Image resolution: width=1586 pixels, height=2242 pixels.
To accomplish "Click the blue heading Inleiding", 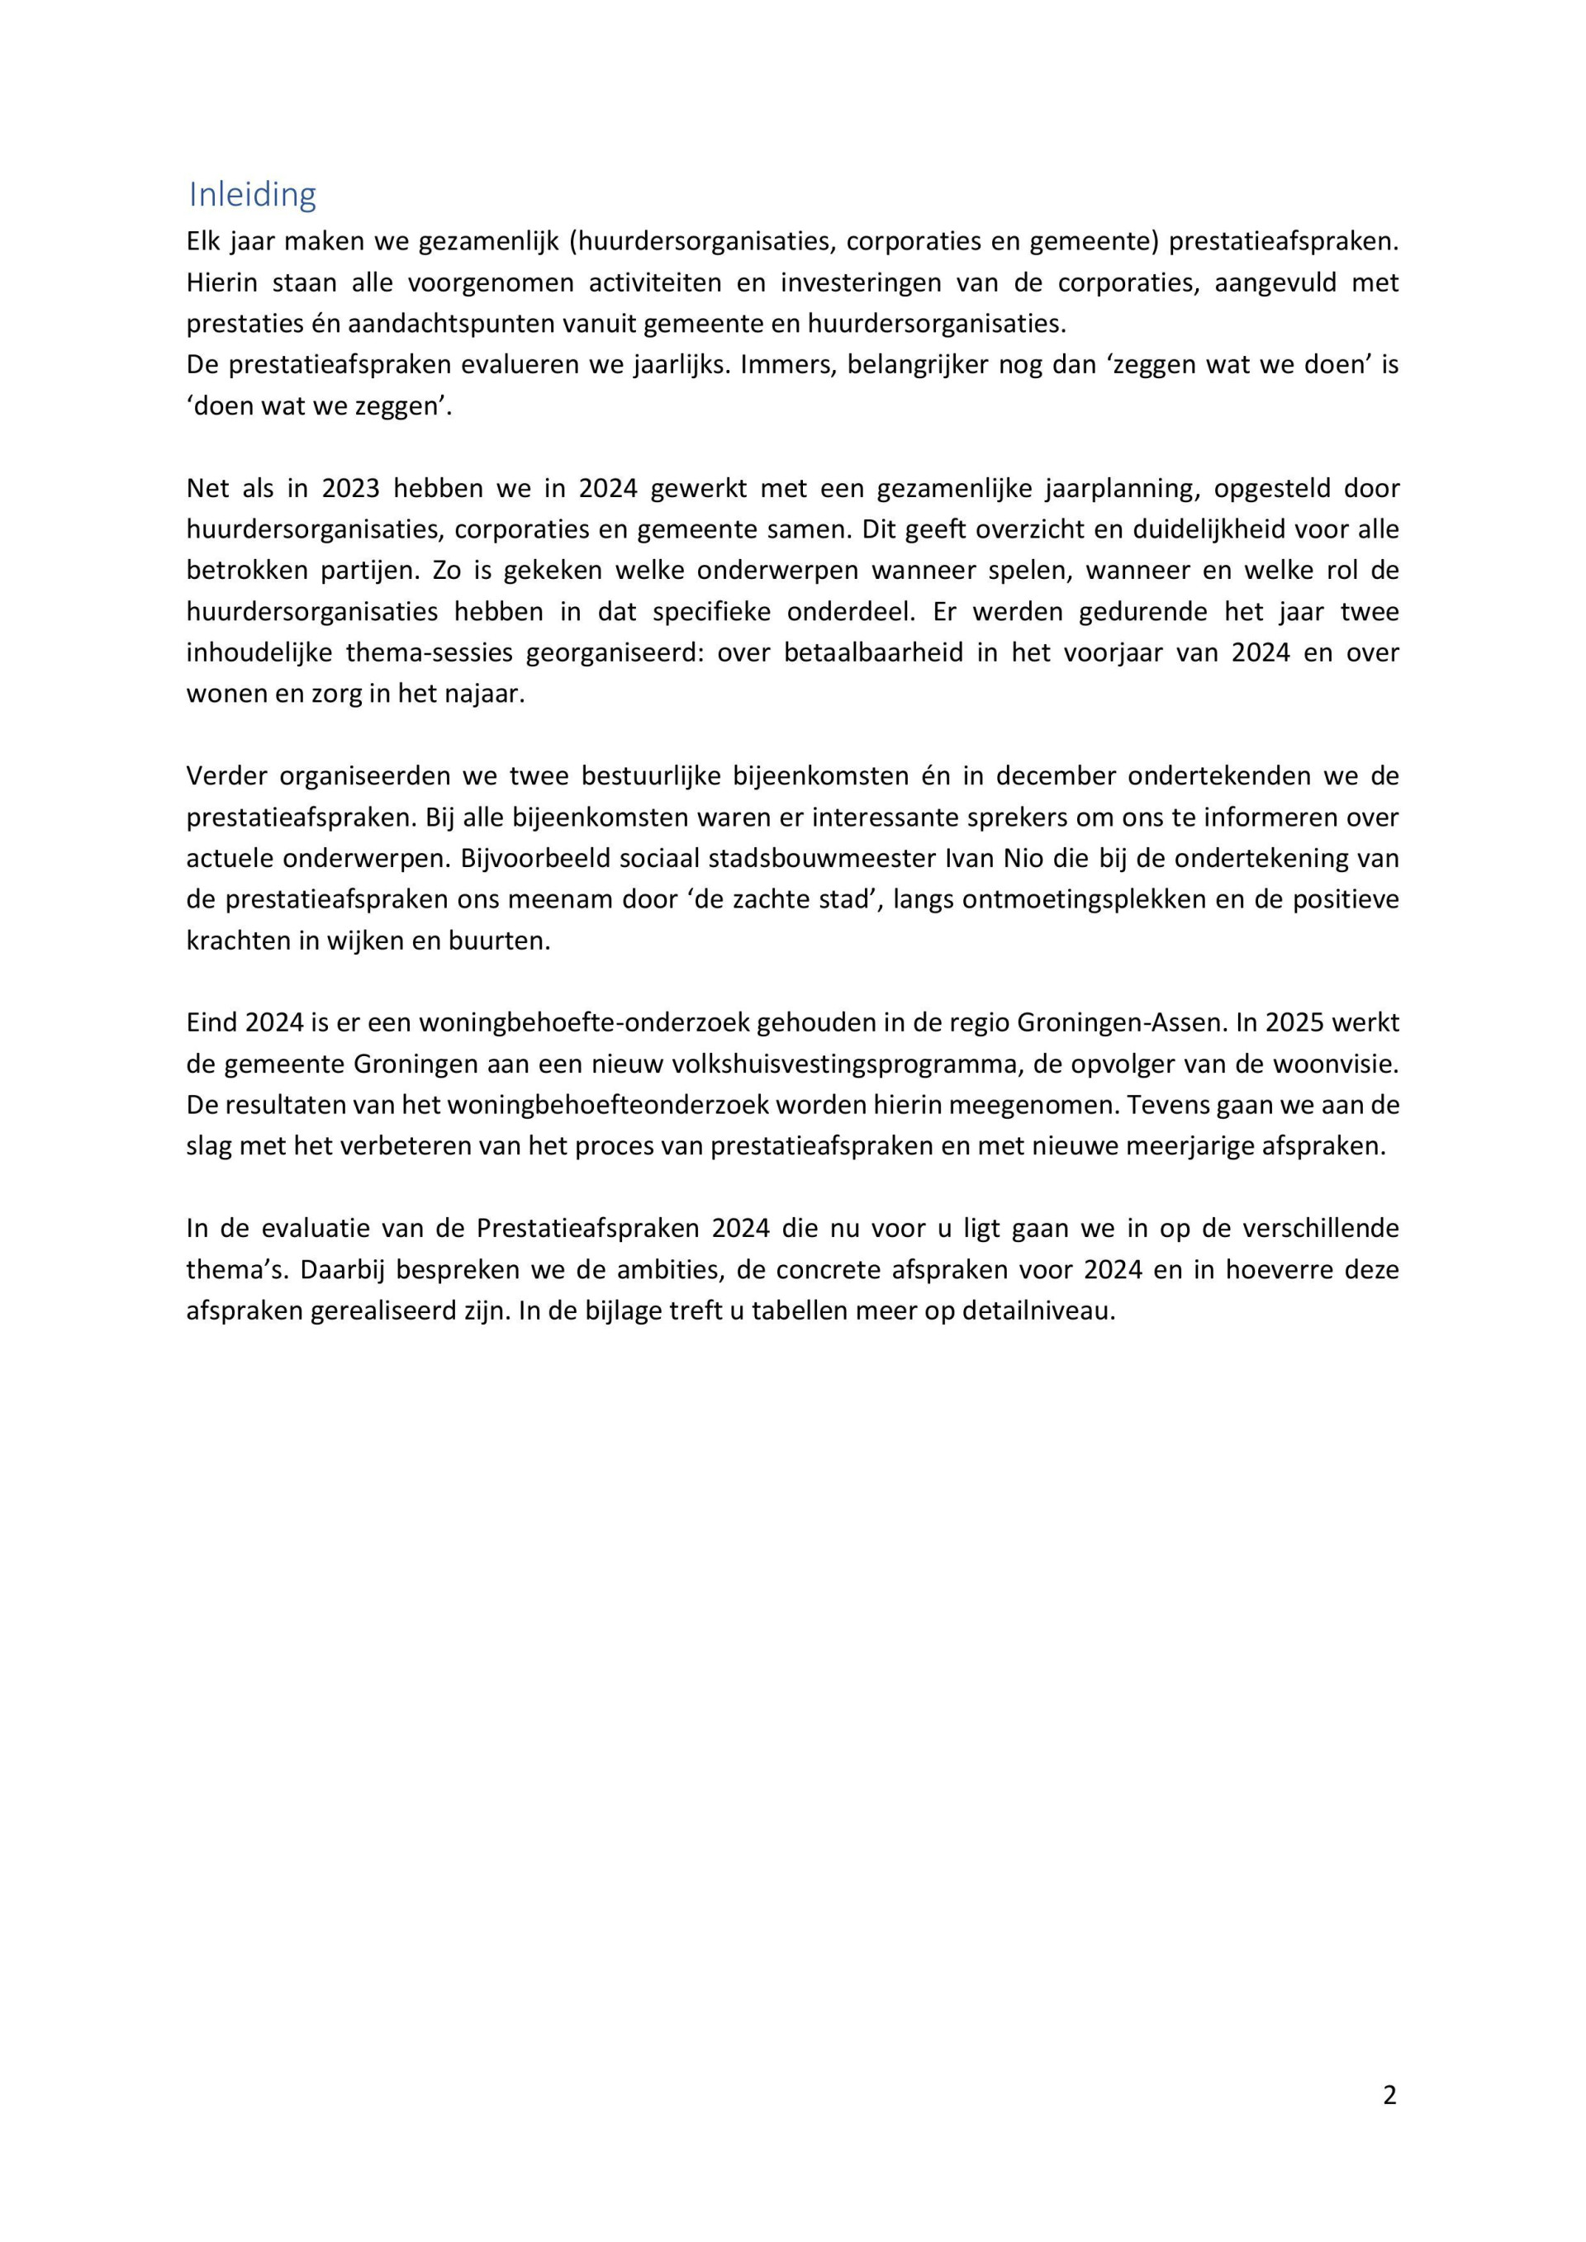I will coord(252,195).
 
